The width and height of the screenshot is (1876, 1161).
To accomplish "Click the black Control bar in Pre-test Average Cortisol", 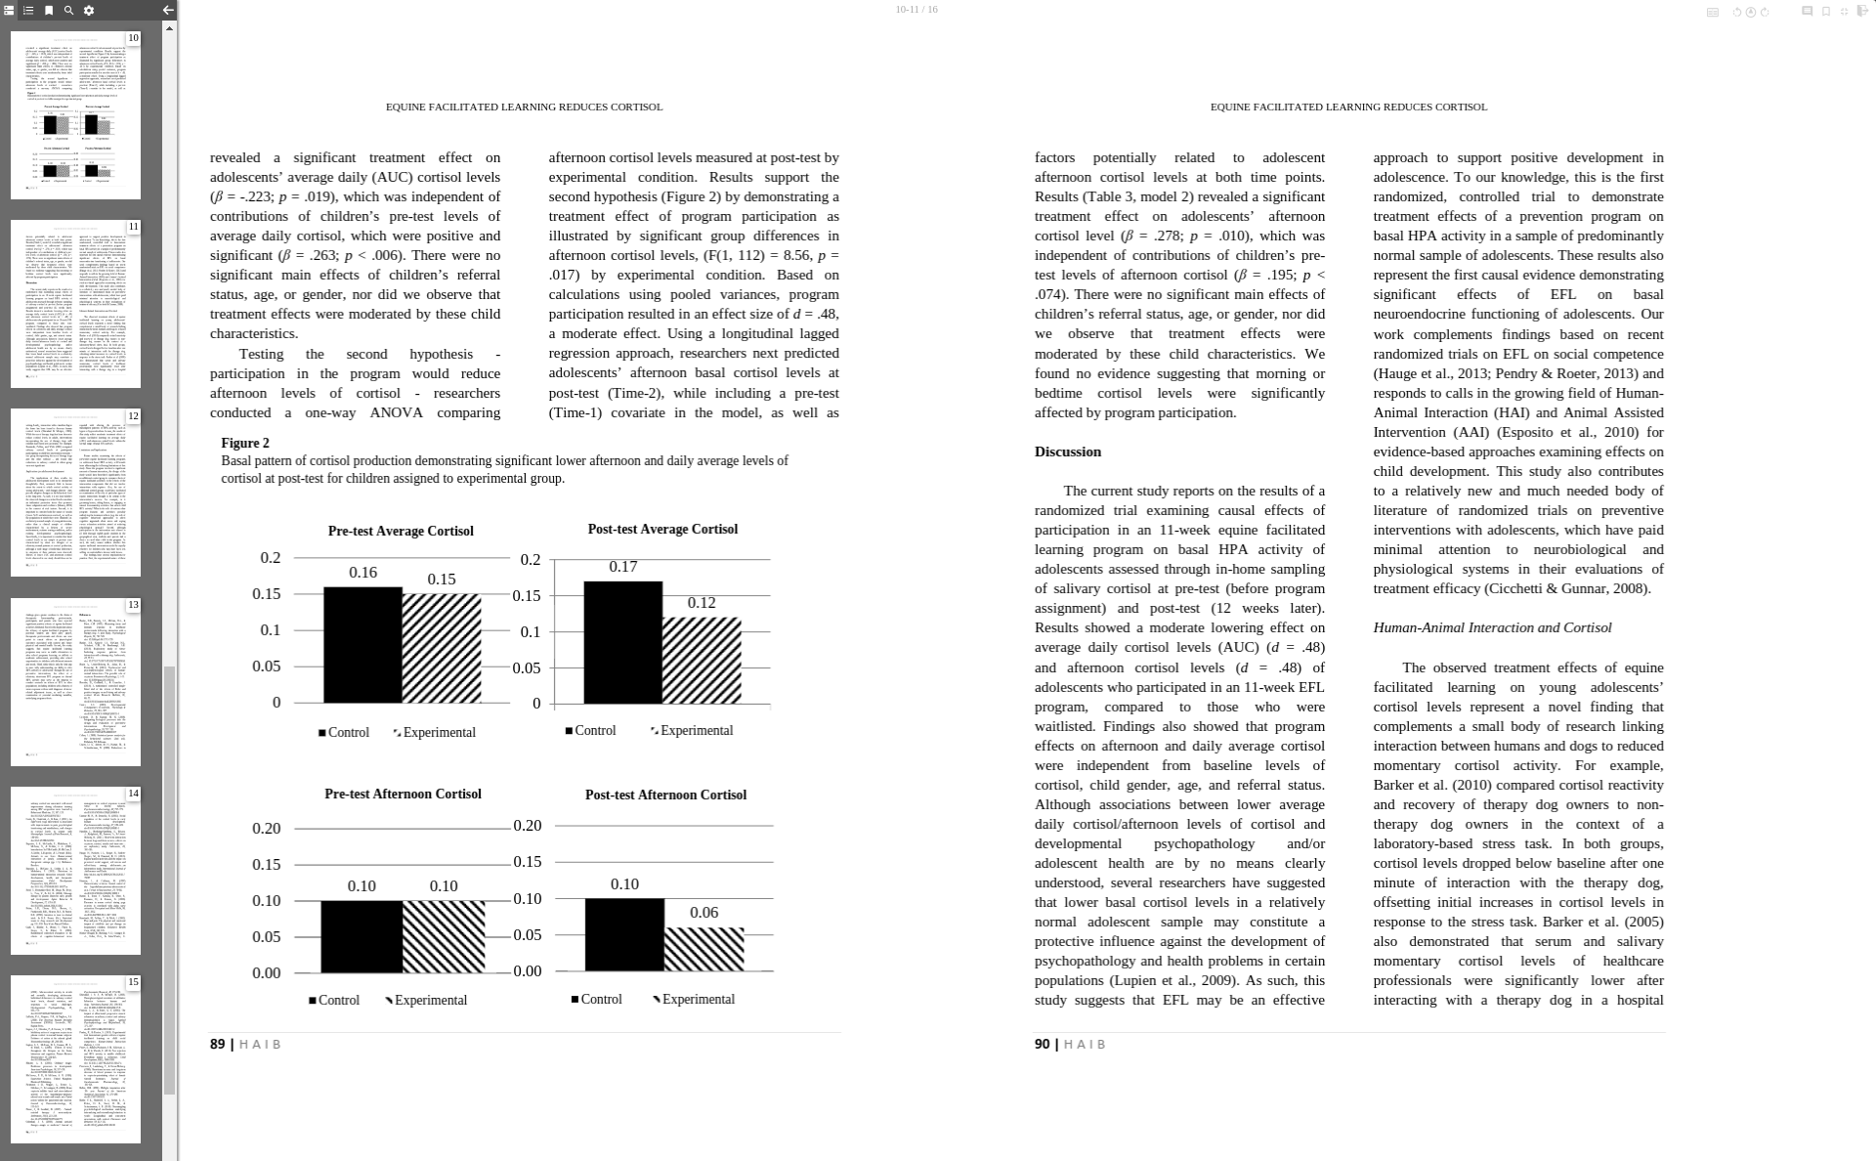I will (x=362, y=644).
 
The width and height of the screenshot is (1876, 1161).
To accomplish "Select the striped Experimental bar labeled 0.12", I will (x=702, y=660).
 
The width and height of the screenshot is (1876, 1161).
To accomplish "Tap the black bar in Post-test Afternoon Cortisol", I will (x=624, y=934).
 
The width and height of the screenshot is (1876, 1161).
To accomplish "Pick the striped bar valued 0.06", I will (x=704, y=949).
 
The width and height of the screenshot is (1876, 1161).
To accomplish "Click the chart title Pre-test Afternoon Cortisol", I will (x=403, y=795).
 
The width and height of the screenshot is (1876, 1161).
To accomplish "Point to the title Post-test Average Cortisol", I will (x=662, y=530).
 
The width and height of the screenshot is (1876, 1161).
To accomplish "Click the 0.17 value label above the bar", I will (x=622, y=567).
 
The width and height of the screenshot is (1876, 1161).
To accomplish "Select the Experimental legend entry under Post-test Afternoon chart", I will (x=693, y=1000).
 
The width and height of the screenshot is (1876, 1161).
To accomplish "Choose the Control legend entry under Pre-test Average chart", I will (x=344, y=733).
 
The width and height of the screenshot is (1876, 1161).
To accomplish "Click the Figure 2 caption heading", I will (x=245, y=444).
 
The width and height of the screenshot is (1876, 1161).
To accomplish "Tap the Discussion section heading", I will (x=1067, y=451).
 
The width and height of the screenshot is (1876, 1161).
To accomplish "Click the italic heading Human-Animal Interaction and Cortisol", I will (x=1492, y=628).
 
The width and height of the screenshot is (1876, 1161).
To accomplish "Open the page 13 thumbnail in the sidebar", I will (x=75, y=681).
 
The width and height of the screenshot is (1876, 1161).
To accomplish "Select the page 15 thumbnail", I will (x=75, y=1059).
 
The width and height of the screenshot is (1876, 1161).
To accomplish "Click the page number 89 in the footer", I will (x=217, y=1045).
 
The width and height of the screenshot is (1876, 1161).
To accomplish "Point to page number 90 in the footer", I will (x=1042, y=1045).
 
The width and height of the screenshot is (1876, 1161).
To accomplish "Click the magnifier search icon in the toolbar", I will (x=68, y=11).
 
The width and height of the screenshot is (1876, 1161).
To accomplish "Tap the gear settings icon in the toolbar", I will (x=89, y=11).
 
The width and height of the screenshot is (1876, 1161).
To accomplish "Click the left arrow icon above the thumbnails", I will (x=168, y=11).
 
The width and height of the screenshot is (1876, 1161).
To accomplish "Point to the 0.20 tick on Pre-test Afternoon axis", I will (x=267, y=829).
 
